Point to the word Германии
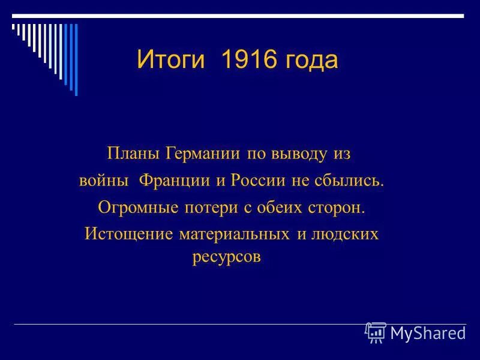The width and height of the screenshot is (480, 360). (x=203, y=154)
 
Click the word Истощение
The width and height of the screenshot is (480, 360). (x=129, y=233)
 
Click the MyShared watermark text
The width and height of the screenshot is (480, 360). (x=427, y=333)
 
